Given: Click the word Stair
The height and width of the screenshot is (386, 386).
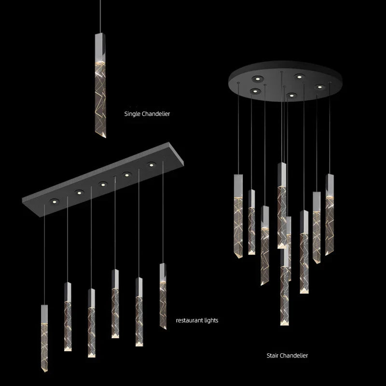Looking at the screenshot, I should [273, 356].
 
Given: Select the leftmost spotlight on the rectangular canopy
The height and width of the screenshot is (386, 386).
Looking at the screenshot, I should [54, 201].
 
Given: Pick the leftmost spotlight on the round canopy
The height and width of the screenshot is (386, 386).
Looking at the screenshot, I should [254, 90].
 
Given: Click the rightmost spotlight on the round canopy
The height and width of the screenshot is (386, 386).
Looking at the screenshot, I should [318, 87].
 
